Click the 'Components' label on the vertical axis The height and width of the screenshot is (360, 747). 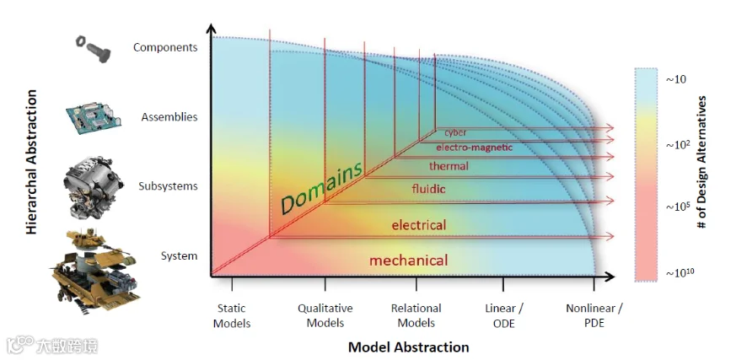[x=165, y=47]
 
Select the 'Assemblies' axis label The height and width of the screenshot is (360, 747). [x=169, y=116]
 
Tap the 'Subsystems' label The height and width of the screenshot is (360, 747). [x=168, y=186]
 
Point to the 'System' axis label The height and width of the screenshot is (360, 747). [x=179, y=255]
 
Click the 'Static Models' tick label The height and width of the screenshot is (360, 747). [x=232, y=315]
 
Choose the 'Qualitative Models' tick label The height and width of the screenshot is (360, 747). [x=325, y=315]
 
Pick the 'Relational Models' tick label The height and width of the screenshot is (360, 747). [x=416, y=315]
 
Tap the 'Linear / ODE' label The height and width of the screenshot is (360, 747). [x=504, y=315]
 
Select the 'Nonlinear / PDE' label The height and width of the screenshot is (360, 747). [x=594, y=315]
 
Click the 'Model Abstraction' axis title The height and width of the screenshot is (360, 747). [x=408, y=347]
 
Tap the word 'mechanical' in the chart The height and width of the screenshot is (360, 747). [x=409, y=261]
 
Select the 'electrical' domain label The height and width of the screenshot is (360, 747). [x=419, y=225]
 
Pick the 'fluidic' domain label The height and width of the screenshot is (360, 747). [x=428, y=189]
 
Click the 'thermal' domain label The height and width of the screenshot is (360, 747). [x=449, y=166]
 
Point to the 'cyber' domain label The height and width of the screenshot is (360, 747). [x=456, y=132]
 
